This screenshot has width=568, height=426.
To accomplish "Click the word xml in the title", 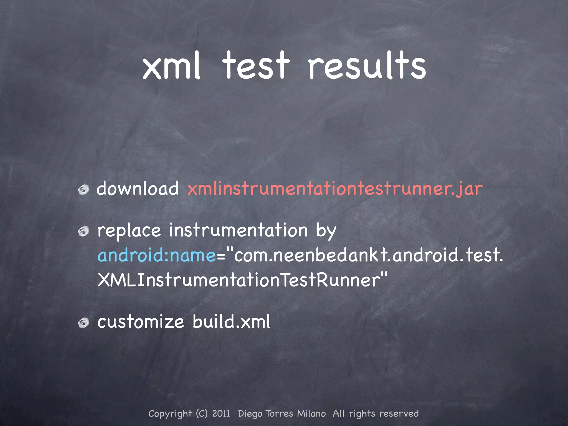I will [x=171, y=66].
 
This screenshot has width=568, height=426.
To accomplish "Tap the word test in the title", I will [x=256, y=66].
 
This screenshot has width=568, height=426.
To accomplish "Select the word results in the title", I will [x=367, y=66].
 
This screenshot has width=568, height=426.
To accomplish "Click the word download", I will [x=138, y=189].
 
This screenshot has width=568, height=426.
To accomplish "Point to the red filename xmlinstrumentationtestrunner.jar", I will [x=335, y=189].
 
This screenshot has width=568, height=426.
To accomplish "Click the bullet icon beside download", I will [x=83, y=190].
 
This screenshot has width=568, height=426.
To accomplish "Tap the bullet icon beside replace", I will [x=83, y=231].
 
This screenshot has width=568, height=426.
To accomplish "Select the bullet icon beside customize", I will [x=83, y=323].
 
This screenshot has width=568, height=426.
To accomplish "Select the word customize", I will [x=141, y=322].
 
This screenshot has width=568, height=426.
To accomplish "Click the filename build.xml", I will [x=231, y=322].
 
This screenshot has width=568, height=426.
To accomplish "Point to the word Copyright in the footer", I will [x=170, y=414].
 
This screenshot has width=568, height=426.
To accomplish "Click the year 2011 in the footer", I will [x=221, y=414].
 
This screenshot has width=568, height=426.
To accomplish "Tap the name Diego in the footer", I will [x=250, y=414].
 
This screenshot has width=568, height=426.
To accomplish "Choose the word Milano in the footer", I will [x=311, y=414].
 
